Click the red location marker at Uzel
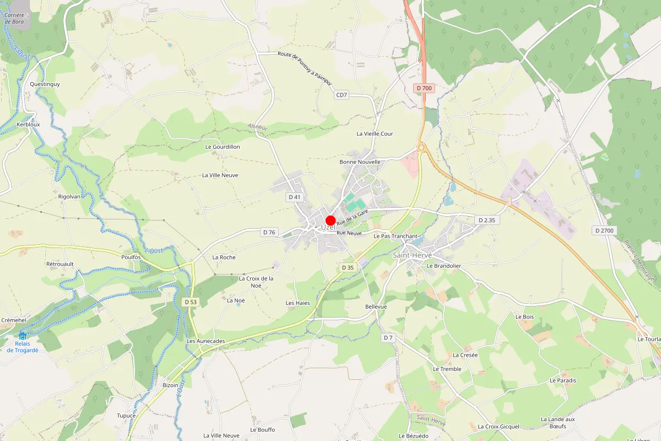point(330,220)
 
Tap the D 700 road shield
point(424,88)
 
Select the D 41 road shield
point(295,197)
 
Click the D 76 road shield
point(269,233)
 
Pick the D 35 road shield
point(348,267)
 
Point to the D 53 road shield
point(191,302)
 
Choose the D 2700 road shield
point(604,230)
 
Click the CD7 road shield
point(342,95)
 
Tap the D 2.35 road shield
point(487,220)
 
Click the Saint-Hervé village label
point(412,256)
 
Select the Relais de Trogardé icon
point(23,335)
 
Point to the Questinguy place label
point(45,84)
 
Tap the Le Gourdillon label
point(223,147)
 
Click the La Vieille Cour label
point(375,134)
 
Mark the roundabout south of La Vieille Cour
point(422,148)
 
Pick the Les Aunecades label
point(205,341)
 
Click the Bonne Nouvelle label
point(360,162)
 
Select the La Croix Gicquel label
point(499,427)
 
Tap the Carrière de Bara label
point(14,19)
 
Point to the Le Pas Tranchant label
point(395,236)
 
